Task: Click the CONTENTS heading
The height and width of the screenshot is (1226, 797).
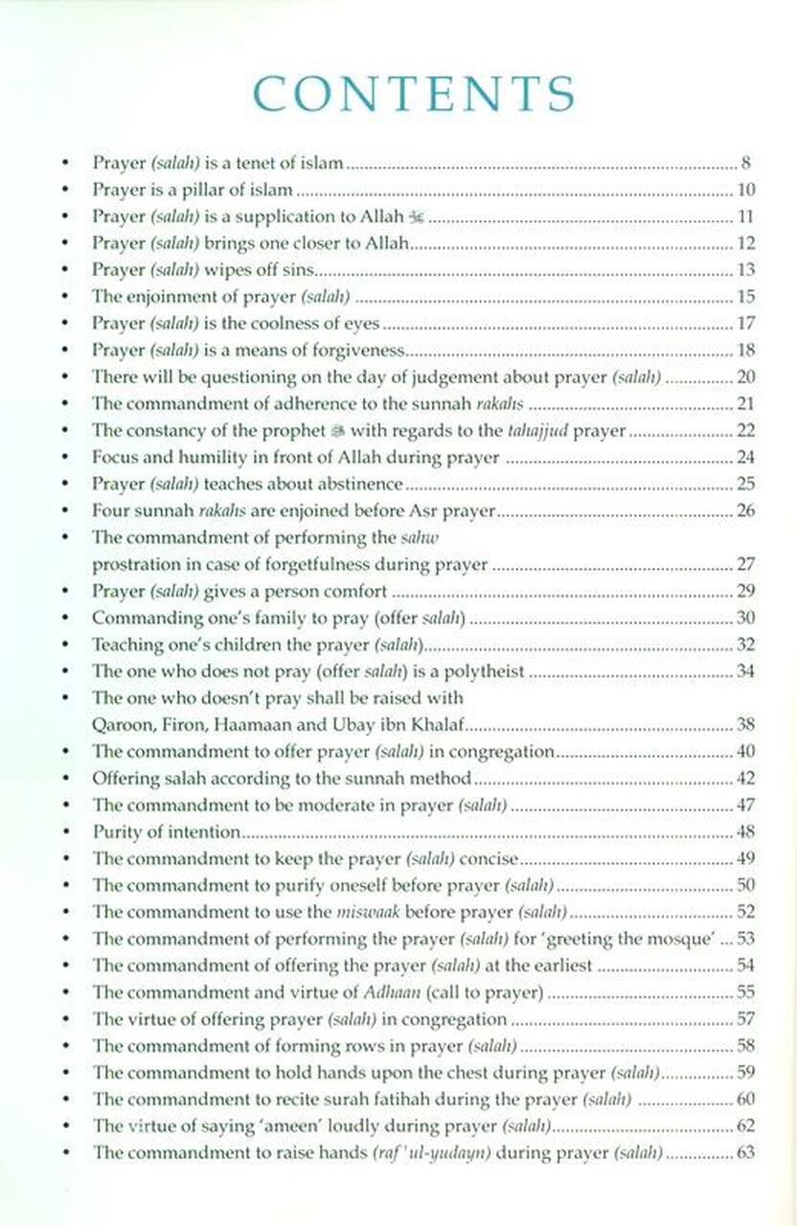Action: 413,93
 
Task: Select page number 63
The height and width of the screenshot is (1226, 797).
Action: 745,1153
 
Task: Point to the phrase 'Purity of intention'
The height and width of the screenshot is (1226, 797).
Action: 166,832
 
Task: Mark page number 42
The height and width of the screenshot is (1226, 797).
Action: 745,779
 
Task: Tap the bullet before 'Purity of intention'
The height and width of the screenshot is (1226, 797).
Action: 64,832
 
